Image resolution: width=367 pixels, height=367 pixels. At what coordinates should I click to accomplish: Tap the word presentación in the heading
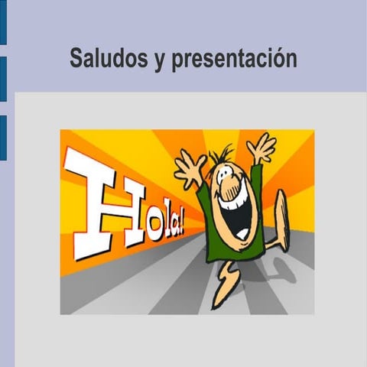click(234, 59)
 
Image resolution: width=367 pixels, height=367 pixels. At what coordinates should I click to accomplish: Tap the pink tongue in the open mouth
click(241, 227)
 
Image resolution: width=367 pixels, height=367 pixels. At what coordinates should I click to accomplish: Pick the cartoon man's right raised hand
click(262, 147)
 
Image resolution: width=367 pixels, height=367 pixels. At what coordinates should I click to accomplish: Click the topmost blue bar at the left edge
click(3, 23)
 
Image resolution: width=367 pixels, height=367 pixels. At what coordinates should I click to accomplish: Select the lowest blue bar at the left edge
click(3, 138)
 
